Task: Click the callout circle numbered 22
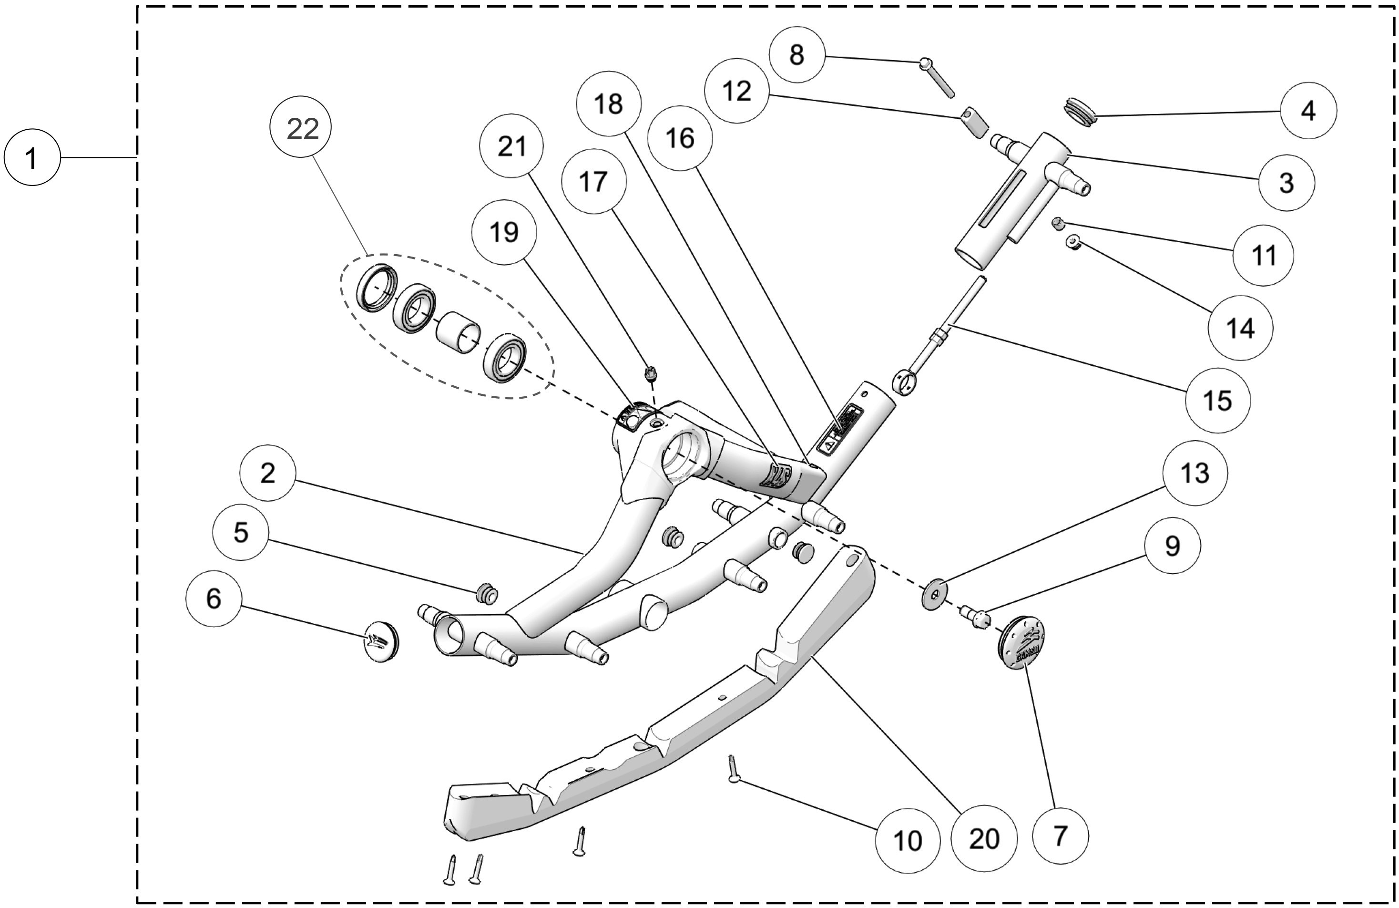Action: click(300, 128)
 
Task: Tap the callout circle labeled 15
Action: click(1217, 401)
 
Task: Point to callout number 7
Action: click(1060, 835)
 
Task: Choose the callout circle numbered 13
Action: click(1195, 472)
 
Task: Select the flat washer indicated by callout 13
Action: click(934, 595)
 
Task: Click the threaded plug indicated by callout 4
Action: click(1081, 112)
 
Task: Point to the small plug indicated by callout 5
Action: click(486, 594)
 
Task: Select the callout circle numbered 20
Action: click(984, 837)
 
